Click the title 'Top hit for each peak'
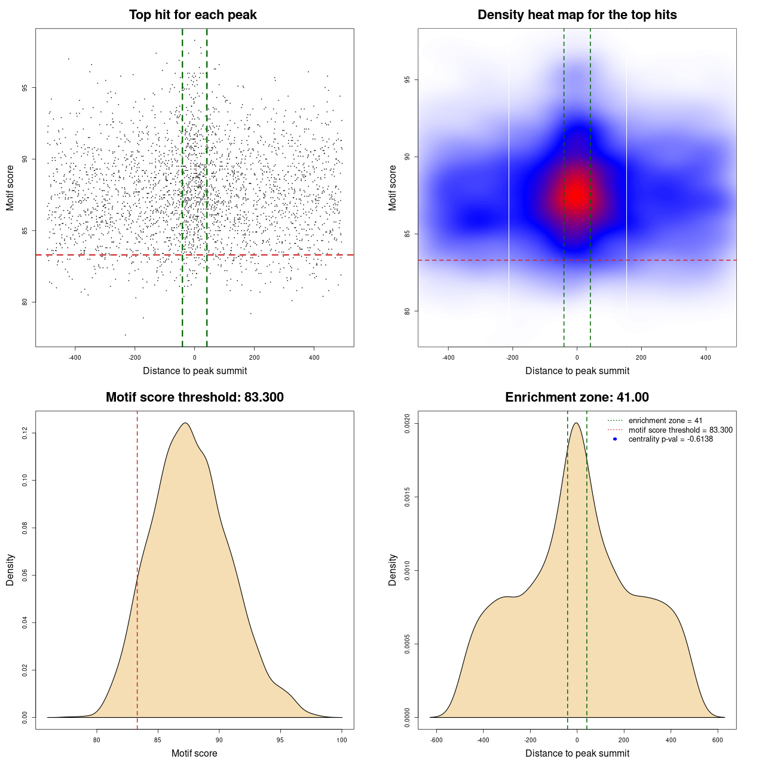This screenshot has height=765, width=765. click(193, 15)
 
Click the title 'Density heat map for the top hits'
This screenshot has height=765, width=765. click(577, 15)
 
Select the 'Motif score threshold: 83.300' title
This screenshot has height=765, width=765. click(194, 397)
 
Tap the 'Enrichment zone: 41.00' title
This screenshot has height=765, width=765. click(577, 397)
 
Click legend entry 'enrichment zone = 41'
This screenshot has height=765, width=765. click(665, 421)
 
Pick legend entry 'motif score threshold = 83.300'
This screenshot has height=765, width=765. click(680, 430)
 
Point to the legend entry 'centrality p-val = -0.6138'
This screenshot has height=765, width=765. click(671, 439)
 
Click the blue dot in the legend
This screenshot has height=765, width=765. click(615, 439)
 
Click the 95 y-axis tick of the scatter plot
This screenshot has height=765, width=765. click(25, 88)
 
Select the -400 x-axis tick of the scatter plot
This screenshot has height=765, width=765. click(75, 357)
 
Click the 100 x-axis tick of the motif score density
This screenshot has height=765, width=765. click(341, 740)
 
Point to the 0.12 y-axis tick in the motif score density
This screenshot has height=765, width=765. click(25, 433)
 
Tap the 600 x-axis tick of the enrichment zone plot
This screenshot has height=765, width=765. click(718, 740)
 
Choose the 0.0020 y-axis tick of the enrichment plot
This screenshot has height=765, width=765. click(407, 424)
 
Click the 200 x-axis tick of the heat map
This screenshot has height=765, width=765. click(641, 357)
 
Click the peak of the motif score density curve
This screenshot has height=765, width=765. click(185, 423)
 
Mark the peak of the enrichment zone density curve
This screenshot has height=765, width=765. click(576, 423)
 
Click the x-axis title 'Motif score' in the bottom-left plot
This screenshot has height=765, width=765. click(194, 753)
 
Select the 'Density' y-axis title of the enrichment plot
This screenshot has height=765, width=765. click(393, 570)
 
